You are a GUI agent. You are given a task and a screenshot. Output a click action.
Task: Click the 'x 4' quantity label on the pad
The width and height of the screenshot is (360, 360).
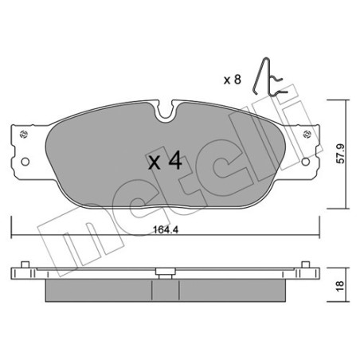pyautogui.click(x=166, y=162)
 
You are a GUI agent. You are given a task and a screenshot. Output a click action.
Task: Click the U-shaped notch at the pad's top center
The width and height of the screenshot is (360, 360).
pyautogui.click(x=165, y=115)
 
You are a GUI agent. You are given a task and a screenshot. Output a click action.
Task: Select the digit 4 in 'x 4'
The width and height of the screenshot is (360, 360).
pyautogui.click(x=176, y=162)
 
